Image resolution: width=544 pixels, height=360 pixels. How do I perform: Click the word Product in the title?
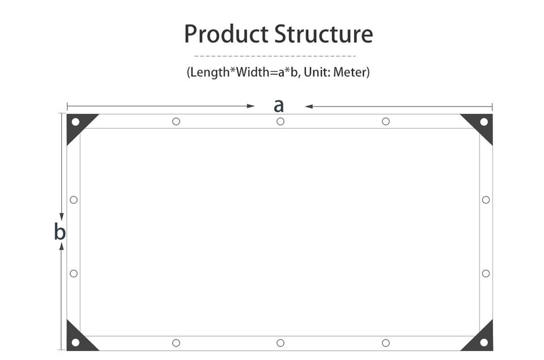[x=226, y=34]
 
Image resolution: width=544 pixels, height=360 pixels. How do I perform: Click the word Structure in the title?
[x=324, y=34]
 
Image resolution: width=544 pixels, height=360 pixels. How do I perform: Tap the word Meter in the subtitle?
[x=350, y=73]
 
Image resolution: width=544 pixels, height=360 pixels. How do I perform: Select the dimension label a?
[x=278, y=105]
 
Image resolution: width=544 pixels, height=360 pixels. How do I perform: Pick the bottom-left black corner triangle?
[x=78, y=339]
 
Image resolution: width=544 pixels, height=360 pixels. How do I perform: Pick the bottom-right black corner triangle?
[x=481, y=339]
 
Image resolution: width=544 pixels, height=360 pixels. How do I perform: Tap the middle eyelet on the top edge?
[x=280, y=121]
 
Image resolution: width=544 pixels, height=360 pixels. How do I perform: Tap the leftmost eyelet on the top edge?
[x=176, y=121]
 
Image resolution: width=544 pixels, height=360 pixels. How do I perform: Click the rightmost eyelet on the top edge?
[x=386, y=121]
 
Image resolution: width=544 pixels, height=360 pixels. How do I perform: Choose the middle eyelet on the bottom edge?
[x=280, y=343]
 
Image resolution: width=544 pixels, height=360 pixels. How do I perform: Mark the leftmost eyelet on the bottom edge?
[x=176, y=343]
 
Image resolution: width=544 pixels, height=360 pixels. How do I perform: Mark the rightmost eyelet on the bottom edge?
[x=386, y=343]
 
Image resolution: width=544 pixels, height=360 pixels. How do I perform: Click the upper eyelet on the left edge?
[x=74, y=200]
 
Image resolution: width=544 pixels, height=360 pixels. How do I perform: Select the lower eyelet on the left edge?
[x=74, y=273]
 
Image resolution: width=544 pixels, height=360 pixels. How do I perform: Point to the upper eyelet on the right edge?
[x=486, y=200]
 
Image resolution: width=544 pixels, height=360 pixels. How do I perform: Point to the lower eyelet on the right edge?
[x=486, y=273]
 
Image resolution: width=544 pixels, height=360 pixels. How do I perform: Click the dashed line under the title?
[x=275, y=56]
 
